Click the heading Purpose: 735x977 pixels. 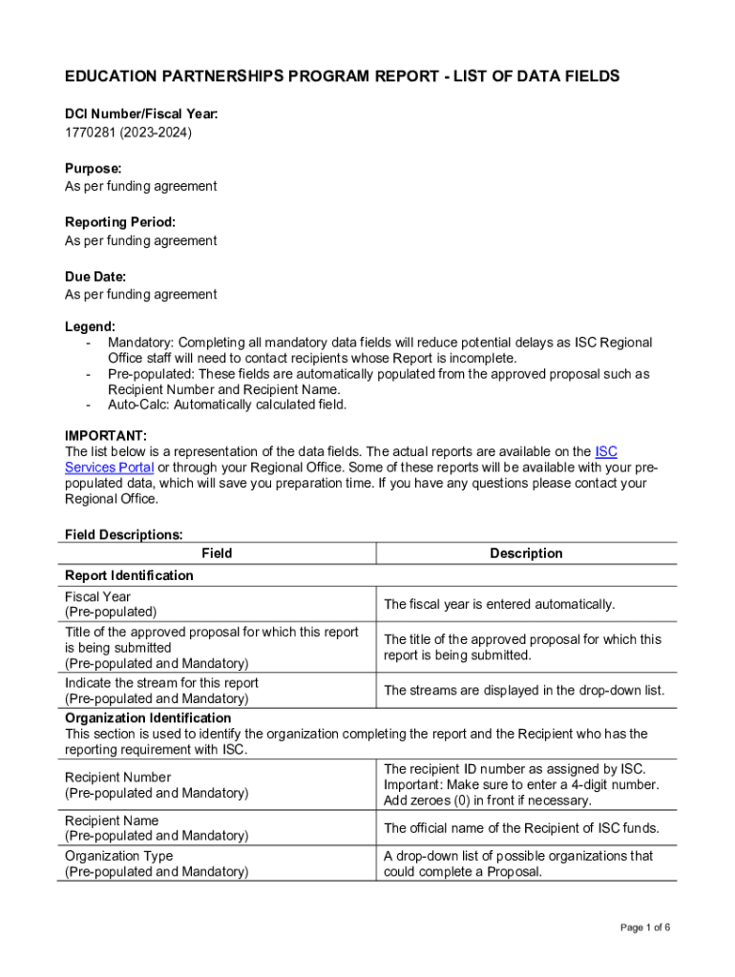click(93, 168)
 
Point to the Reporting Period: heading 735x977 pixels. click(120, 222)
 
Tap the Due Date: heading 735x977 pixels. click(95, 277)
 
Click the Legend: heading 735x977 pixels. click(90, 326)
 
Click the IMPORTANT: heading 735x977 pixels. click(106, 436)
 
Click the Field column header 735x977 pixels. click(217, 553)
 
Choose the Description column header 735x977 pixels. click(526, 553)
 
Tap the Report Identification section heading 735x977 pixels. click(129, 575)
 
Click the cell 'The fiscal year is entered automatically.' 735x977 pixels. click(499, 604)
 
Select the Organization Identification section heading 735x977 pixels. click(148, 717)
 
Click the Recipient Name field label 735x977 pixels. click(112, 821)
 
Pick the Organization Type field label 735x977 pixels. click(119, 856)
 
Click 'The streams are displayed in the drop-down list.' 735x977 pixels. click(524, 691)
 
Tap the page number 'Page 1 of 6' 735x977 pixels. click(644, 928)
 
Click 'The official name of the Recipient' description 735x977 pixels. click(521, 828)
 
